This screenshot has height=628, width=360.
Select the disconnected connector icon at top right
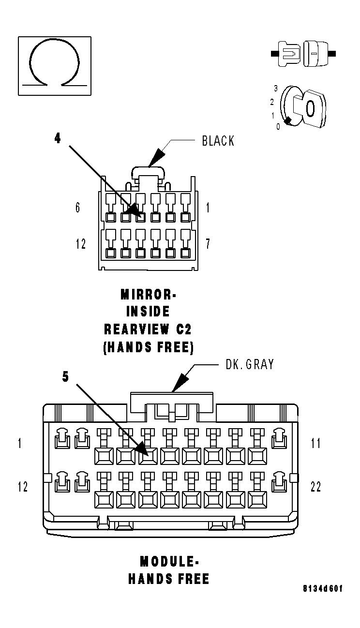pyautogui.click(x=303, y=53)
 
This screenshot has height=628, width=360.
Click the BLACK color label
pyautogui.click(x=218, y=141)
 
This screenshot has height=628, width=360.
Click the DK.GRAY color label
pyautogui.click(x=249, y=364)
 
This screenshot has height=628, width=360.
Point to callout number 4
pyautogui.click(x=58, y=138)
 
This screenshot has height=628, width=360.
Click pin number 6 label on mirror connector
pyautogui.click(x=77, y=208)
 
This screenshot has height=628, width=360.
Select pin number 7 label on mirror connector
pyautogui.click(x=208, y=244)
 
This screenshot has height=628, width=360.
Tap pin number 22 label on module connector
pyautogui.click(x=315, y=487)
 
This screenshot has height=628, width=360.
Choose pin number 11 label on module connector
pyautogui.click(x=315, y=443)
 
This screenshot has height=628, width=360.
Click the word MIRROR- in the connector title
pyautogui.click(x=148, y=294)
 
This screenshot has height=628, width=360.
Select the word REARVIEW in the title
pyautogui.click(x=136, y=329)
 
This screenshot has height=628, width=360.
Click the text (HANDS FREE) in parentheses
pyautogui.click(x=148, y=347)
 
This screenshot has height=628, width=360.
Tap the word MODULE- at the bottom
pyautogui.click(x=169, y=562)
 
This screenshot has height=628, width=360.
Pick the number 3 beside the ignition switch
pyautogui.click(x=275, y=89)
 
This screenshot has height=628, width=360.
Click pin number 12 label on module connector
pyautogui.click(x=23, y=487)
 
